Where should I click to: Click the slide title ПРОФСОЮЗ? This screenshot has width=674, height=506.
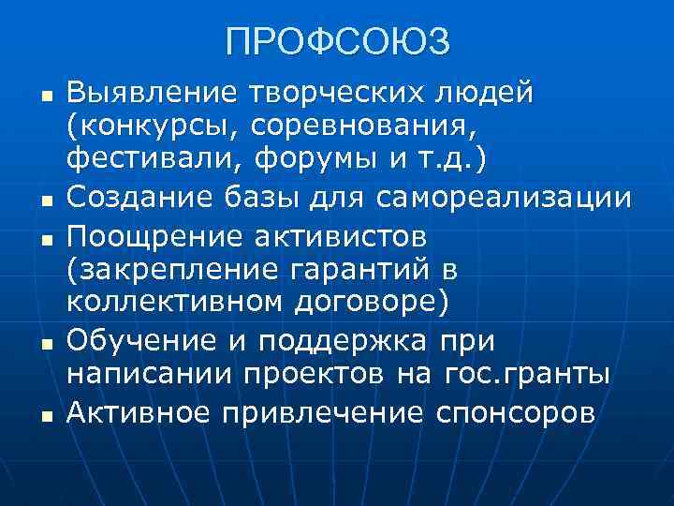coord(337,42)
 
